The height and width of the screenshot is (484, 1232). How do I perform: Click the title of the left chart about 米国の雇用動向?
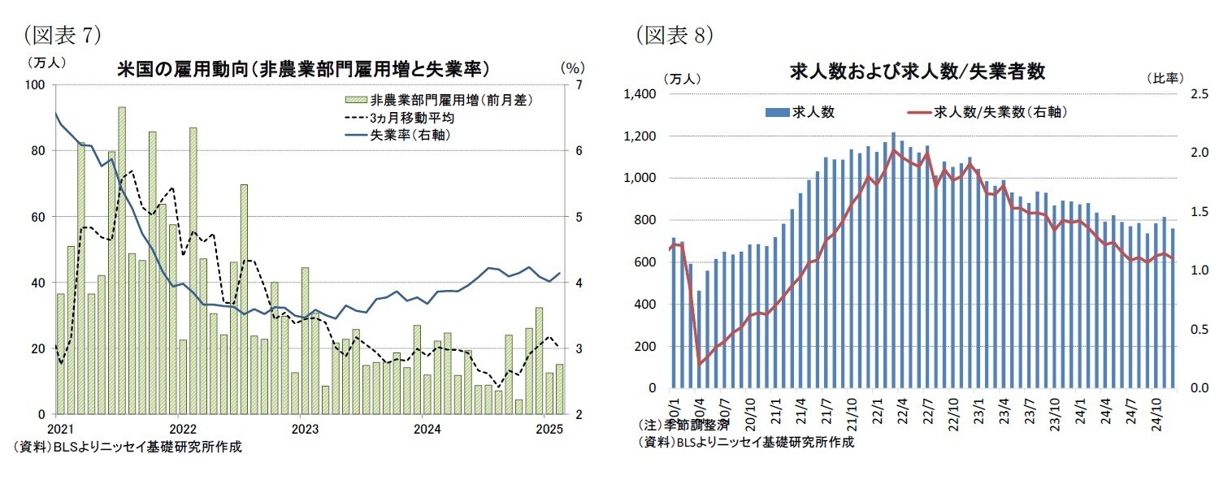pos(308,69)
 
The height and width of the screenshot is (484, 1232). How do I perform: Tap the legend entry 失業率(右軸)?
pos(410,135)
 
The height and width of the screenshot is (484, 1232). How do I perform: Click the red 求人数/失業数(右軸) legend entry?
pos(1000,112)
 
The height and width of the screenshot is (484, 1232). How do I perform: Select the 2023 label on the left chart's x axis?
pos(303,428)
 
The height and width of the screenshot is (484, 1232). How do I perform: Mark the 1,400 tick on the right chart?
pos(640,94)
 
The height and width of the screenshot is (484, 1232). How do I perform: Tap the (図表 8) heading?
pos(675,34)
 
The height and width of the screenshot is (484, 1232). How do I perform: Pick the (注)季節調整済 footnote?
pos(683,425)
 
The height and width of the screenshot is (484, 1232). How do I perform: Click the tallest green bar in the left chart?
pos(122,260)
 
